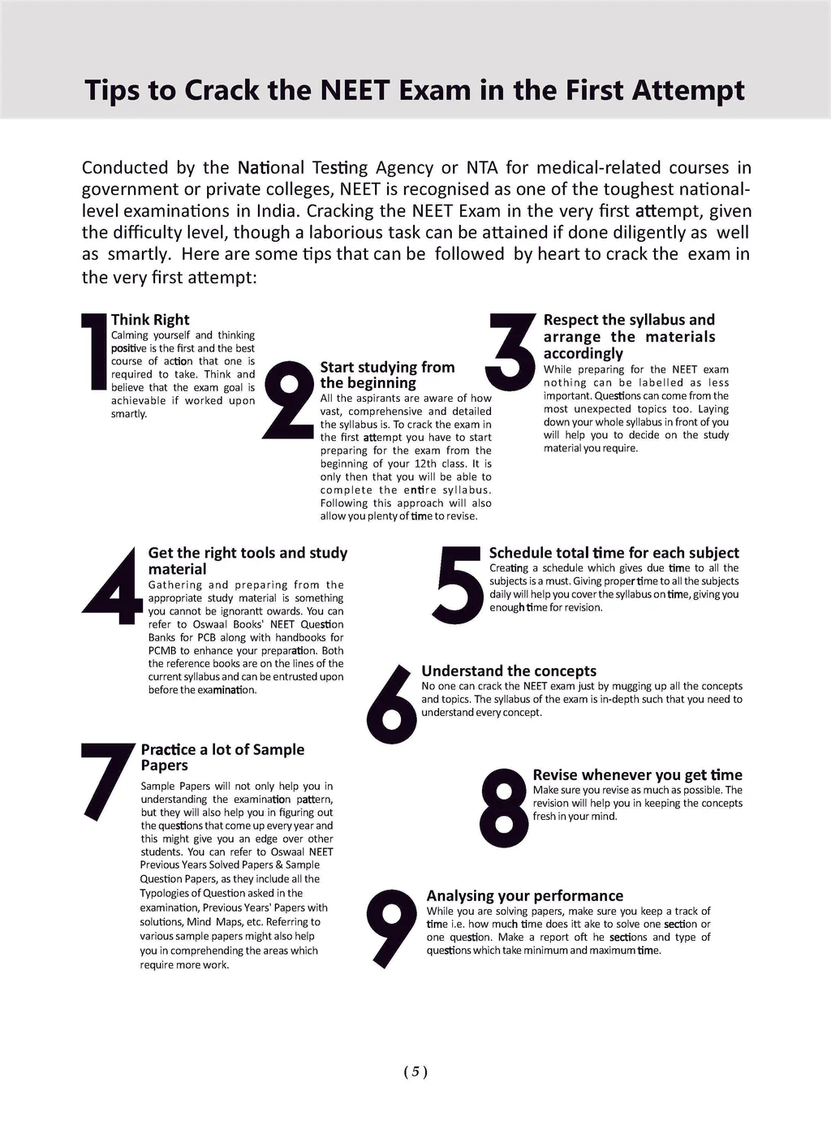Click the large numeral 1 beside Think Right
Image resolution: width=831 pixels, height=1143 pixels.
(96, 352)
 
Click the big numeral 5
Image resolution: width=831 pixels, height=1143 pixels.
(460, 584)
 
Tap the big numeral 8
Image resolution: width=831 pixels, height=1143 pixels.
(504, 808)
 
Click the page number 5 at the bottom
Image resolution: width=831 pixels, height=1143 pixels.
(415, 1072)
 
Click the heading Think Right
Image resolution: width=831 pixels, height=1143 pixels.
(150, 320)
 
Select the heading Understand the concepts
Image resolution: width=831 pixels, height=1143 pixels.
(509, 671)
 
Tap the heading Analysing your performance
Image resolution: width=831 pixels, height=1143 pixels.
(525, 895)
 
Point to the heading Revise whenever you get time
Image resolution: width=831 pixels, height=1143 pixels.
(637, 774)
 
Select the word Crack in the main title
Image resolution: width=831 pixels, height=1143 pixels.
(222, 89)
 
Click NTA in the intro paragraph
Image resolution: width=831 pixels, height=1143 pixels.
(482, 168)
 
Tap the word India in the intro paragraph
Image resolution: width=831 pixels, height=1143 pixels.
(277, 211)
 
